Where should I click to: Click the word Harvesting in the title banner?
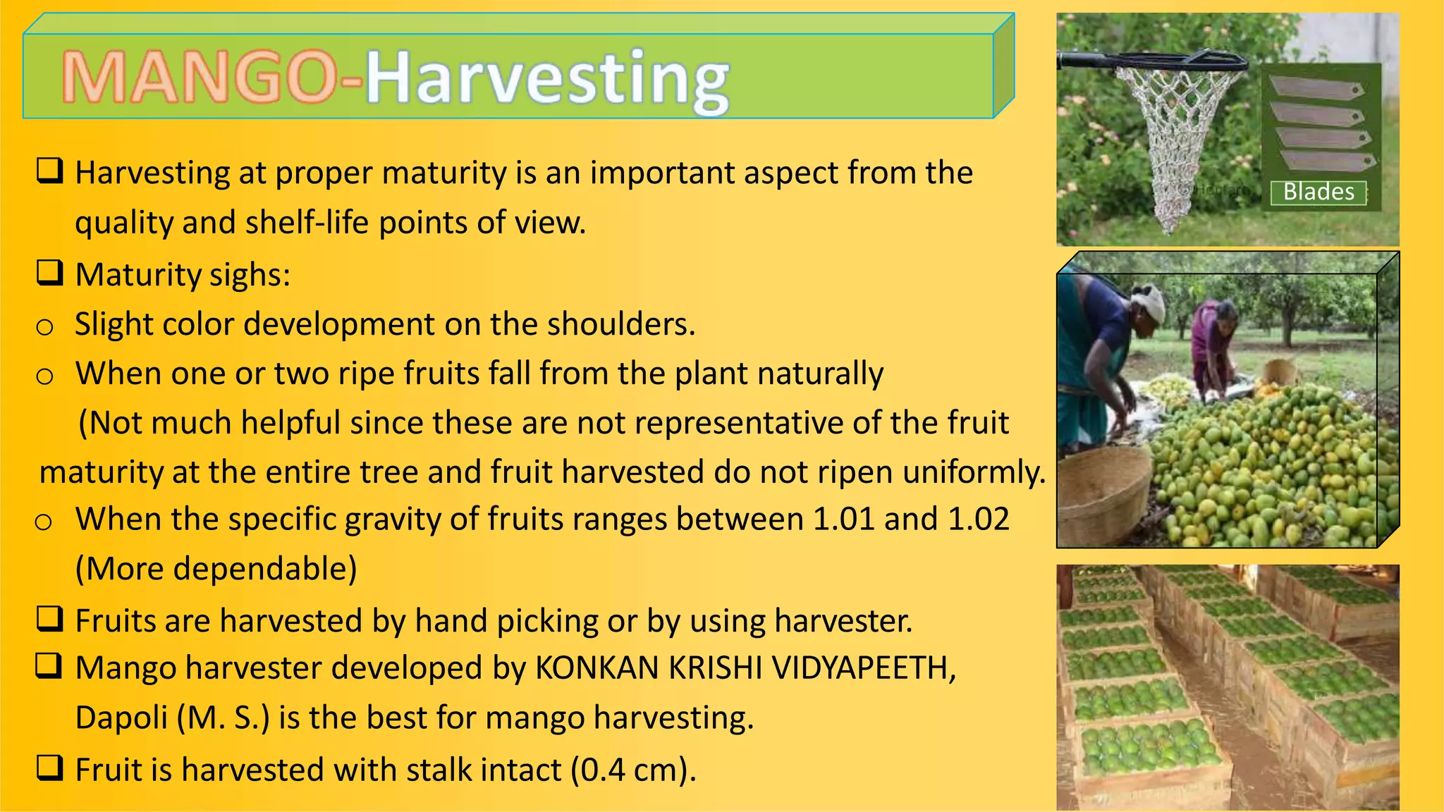coord(546,79)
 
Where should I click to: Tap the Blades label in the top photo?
coord(1318,192)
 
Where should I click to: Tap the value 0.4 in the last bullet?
coord(603,770)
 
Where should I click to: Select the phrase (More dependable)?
coord(216,569)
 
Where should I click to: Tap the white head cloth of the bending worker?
coord(1146,299)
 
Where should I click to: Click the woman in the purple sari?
coord(1211,338)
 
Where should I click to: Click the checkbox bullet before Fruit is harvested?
coord(50,768)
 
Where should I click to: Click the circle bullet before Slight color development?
coord(44,327)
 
